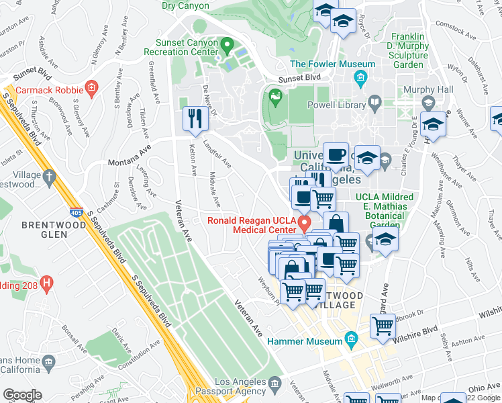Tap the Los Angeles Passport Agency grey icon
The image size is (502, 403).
tap(275, 383)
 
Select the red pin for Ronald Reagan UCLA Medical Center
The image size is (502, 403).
tap(305, 222)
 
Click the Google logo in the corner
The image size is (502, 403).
tap(22, 395)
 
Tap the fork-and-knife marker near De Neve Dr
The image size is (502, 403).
tap(194, 119)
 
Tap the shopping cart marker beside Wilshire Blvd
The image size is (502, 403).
tap(383, 326)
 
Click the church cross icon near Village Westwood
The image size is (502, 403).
tap(48, 177)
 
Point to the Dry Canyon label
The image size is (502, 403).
tap(185, 5)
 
